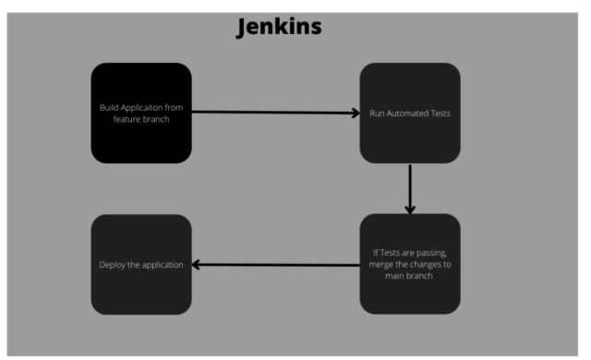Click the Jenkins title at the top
(x=279, y=27)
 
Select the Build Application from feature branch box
(x=141, y=113)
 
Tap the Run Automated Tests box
(x=410, y=113)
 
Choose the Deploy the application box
(x=141, y=264)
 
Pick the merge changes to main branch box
(x=410, y=264)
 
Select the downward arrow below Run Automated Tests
(x=410, y=188)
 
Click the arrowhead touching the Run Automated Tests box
(x=354, y=114)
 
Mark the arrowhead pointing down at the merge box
(x=410, y=209)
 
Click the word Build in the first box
(x=110, y=108)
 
